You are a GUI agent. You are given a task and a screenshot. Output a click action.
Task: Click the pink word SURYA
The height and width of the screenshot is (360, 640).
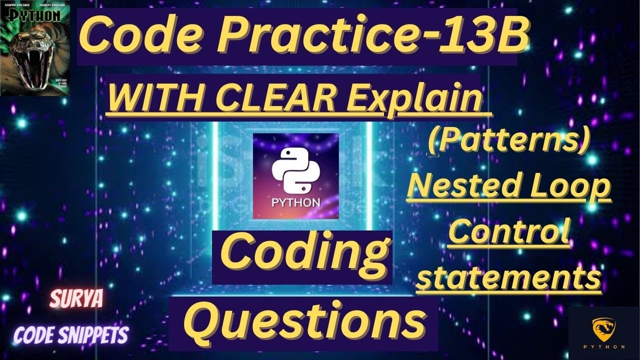[76, 299]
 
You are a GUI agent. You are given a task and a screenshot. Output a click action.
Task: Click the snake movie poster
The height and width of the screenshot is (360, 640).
[35, 48]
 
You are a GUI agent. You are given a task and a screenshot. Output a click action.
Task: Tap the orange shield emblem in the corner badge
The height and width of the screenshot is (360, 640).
[604, 328]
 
